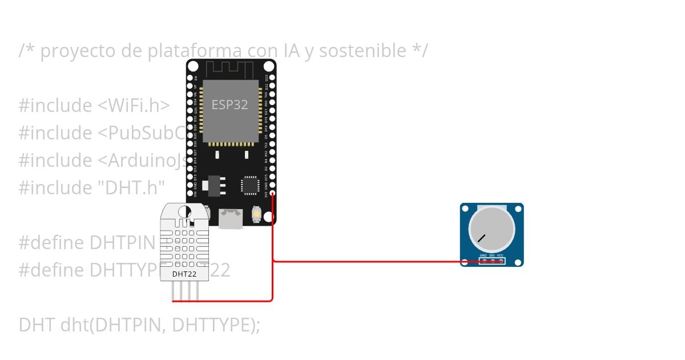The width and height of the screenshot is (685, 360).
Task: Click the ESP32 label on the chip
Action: pyautogui.click(x=230, y=105)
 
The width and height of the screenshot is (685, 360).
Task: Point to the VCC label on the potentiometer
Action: pyautogui.click(x=500, y=255)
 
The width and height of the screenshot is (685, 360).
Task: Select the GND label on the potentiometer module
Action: pyautogui.click(x=483, y=255)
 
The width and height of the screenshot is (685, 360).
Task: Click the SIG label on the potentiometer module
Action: pyautogui.click(x=491, y=255)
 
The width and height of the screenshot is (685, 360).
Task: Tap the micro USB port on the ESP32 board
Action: pyautogui.click(x=231, y=218)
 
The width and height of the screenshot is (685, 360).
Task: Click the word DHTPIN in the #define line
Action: pyautogui.click(x=122, y=242)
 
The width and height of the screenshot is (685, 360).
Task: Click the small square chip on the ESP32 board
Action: pyautogui.click(x=250, y=185)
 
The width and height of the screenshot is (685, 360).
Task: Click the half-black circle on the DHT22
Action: pyautogui.click(x=184, y=212)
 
